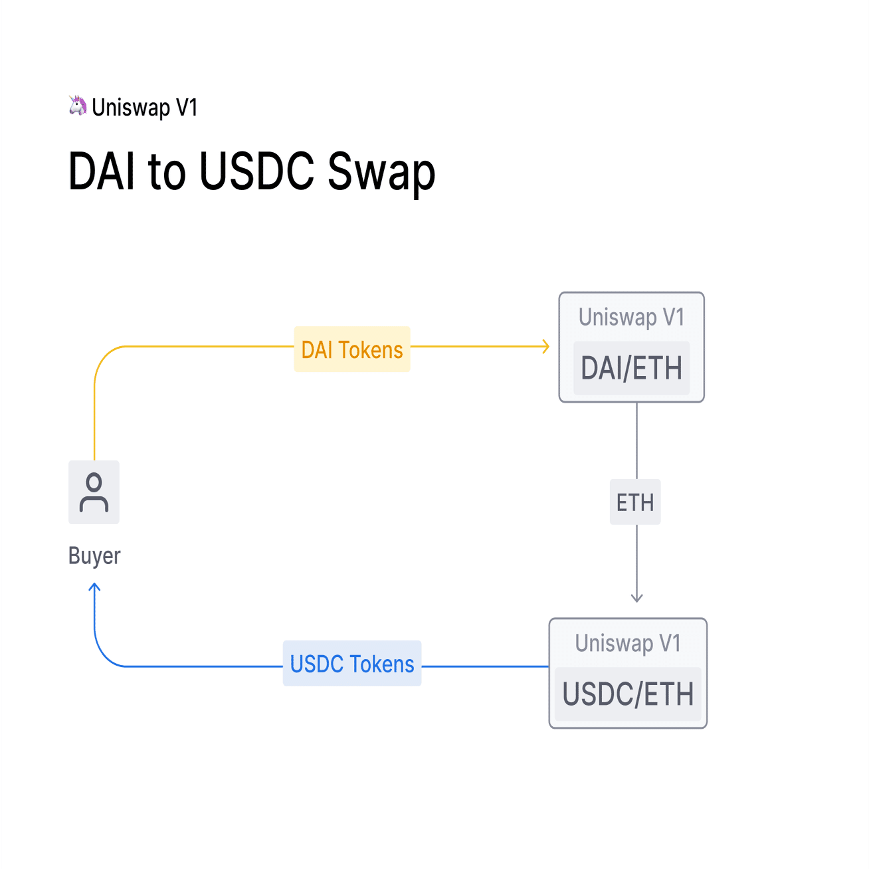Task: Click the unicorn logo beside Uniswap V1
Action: pos(78,106)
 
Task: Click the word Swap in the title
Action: pos(381,171)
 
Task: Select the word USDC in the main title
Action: pos(256,171)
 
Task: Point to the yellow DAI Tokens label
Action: pos(352,349)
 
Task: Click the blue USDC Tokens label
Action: pos(352,664)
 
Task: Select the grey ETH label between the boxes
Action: pos(635,502)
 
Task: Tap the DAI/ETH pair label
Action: pos(631,368)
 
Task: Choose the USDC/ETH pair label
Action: pos(628,694)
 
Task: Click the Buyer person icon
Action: pos(94,492)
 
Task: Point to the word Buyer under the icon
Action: pos(94,555)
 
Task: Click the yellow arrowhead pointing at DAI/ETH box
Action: pos(546,346)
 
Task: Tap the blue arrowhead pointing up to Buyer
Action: pos(94,587)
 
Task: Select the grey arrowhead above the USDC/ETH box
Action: pos(636,598)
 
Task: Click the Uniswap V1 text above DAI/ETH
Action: pos(631,318)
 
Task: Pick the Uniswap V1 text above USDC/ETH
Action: pos(628,643)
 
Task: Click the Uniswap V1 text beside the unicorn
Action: pos(145,107)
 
